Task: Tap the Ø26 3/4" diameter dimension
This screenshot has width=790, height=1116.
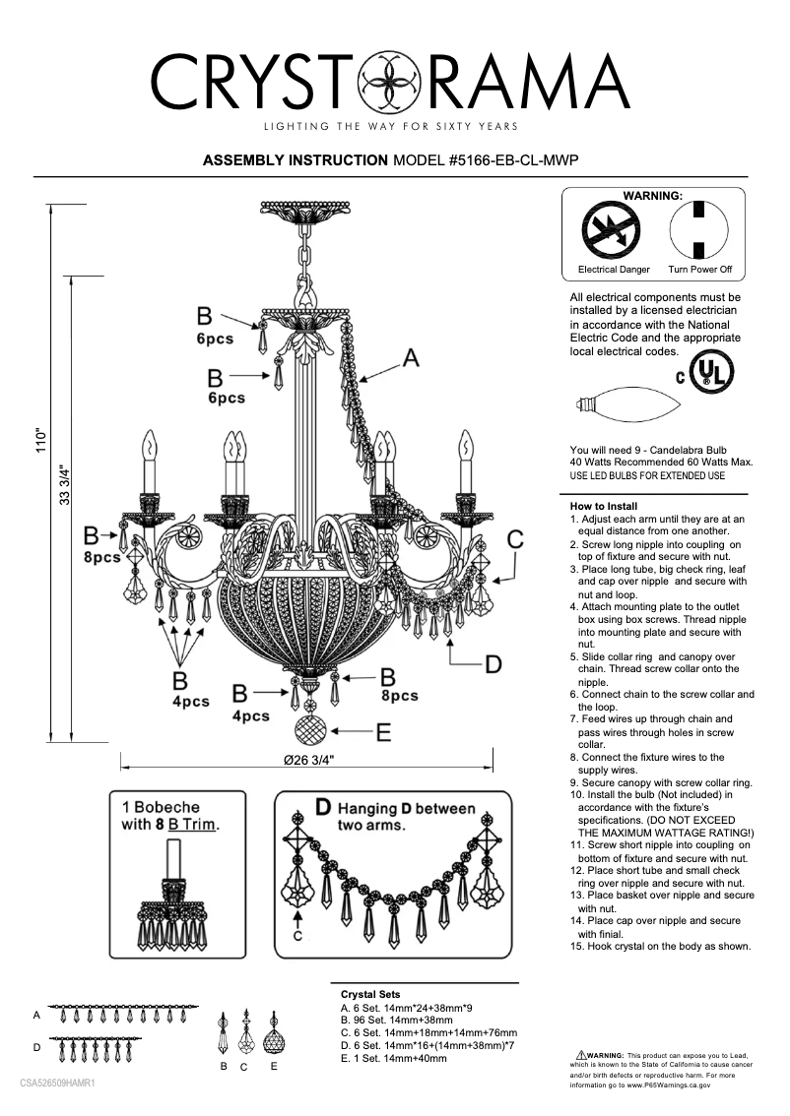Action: click(308, 760)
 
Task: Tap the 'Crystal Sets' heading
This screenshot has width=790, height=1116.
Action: click(370, 995)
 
